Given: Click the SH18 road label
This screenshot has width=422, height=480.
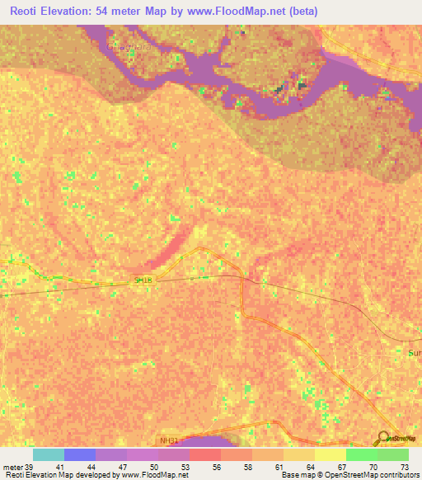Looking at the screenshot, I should click(x=145, y=280).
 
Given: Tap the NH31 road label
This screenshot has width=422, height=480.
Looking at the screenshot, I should click(x=169, y=441).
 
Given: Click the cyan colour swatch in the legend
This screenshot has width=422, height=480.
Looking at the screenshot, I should click(x=49, y=454).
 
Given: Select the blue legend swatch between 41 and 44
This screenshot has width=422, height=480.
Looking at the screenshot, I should click(x=80, y=454).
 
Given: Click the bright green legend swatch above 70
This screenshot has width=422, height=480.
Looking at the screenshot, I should click(x=361, y=454).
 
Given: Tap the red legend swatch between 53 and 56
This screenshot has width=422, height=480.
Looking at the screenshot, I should click(x=204, y=454).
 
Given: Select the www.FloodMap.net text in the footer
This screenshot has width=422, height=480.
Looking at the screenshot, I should click(x=154, y=475).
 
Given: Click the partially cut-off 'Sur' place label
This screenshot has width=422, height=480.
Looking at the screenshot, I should click(x=414, y=353).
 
